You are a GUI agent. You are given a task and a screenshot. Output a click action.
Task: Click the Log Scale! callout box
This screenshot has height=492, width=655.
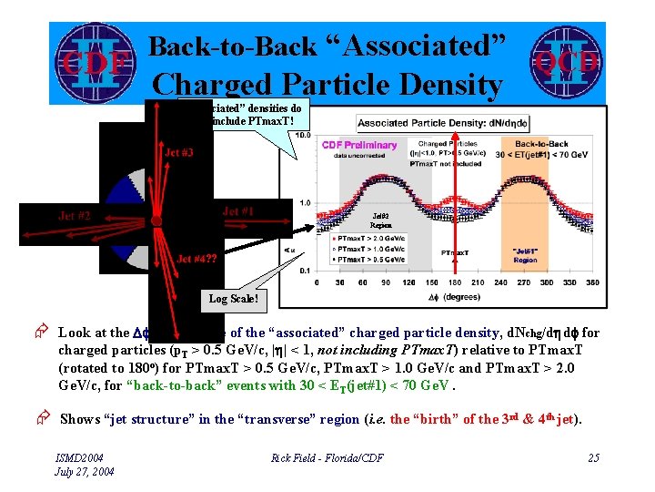pos(234,298)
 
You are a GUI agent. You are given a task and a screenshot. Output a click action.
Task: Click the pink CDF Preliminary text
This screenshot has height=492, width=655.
pos(358,144)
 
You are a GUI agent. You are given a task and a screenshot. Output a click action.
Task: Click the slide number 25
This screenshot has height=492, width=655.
pos(593,457)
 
